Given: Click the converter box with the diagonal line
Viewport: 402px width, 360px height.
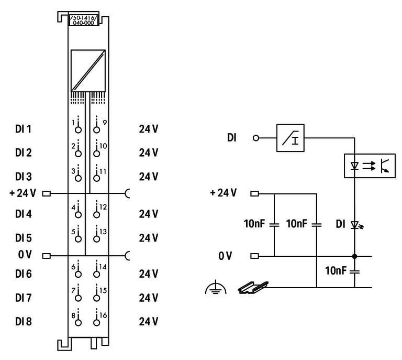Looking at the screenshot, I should (88, 70).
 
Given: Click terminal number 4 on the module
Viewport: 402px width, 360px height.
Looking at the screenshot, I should (79, 211).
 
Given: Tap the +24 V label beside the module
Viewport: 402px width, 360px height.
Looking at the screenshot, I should (23, 193).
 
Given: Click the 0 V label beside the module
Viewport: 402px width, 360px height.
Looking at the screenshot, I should (25, 255).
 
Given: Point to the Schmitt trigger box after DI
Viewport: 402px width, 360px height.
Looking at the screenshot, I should (290, 138).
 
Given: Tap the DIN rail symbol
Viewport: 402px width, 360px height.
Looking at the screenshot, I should (253, 287).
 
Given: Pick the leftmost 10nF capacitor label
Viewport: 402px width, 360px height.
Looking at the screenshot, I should (255, 224).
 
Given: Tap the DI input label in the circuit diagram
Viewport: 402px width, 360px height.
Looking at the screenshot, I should (231, 138).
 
